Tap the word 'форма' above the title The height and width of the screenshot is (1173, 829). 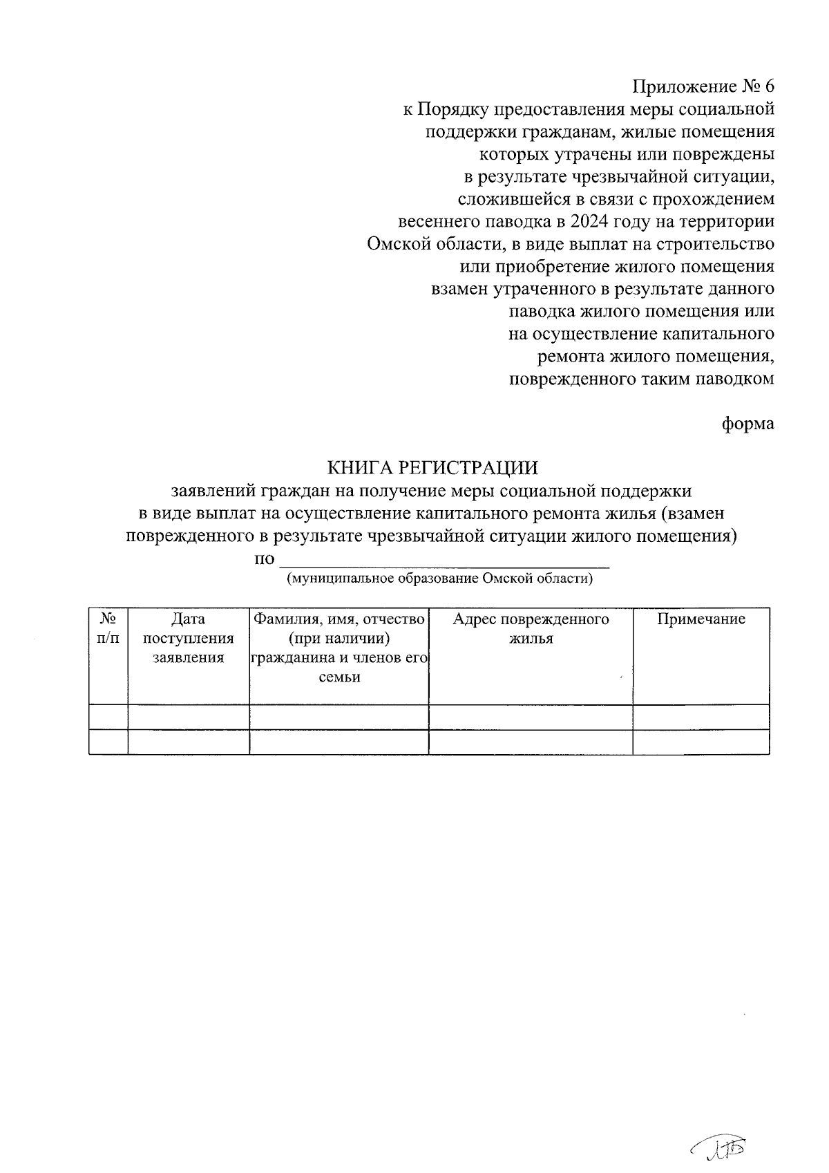748,424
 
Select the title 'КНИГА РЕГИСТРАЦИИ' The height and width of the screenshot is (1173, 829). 432,468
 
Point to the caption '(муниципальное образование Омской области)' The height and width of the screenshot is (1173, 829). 440,579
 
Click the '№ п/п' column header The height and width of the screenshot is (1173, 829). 108,628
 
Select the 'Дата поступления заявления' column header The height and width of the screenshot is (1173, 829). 189,638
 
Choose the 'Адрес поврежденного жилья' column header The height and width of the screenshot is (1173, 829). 531,628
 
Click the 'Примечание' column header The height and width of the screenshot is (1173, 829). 701,619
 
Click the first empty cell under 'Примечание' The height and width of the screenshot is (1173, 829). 701,717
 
